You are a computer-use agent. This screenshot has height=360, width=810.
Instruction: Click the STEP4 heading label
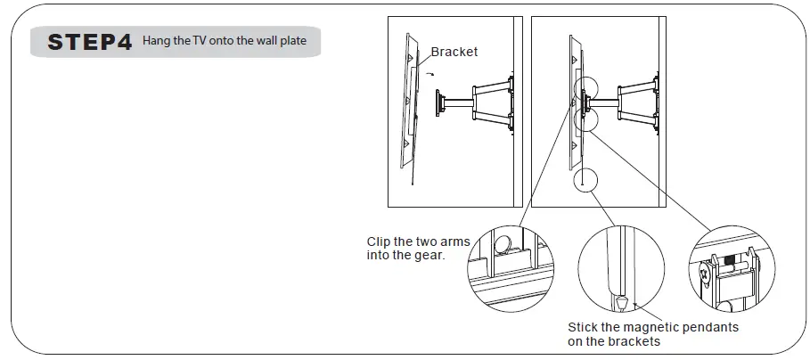[x=90, y=43]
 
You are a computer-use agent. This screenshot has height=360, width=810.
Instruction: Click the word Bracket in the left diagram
[x=454, y=52]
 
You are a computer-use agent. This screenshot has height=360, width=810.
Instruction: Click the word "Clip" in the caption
[x=380, y=241]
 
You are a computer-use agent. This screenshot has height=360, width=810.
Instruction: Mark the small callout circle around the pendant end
[x=581, y=178]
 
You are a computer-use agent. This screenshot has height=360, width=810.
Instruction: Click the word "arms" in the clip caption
[x=454, y=241]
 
